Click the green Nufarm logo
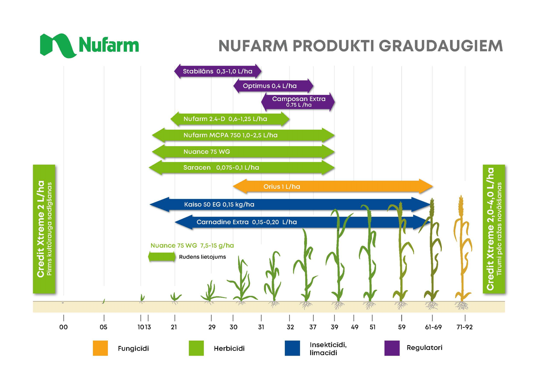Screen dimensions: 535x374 pyautogui.click(x=89, y=46)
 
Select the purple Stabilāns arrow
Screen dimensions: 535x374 pyautogui.click(x=218, y=71)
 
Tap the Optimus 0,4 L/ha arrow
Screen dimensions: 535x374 pyautogui.click(x=273, y=86)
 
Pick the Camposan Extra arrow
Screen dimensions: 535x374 pyautogui.click(x=298, y=102)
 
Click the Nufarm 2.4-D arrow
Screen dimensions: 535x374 pyautogui.click(x=230, y=119)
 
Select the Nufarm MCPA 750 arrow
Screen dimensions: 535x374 pyautogui.click(x=243, y=135)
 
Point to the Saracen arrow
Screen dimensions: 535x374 pyautogui.click(x=241, y=168)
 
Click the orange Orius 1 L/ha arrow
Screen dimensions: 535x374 pyautogui.click(x=333, y=186)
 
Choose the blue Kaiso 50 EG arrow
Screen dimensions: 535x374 pyautogui.click(x=290, y=204)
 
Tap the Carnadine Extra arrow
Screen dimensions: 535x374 pyautogui.click(x=303, y=222)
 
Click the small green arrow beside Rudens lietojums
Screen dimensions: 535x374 pyautogui.click(x=162, y=257)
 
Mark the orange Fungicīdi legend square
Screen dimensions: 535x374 pyautogui.click(x=100, y=348)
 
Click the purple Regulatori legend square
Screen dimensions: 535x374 pyautogui.click(x=392, y=348)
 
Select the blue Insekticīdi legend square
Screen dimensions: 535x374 pyautogui.click(x=292, y=348)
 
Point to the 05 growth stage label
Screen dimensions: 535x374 pyautogui.click(x=103, y=327)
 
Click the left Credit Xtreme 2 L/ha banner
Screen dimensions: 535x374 pyautogui.click(x=44, y=229)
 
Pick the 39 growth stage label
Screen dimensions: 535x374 pyautogui.click(x=334, y=327)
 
